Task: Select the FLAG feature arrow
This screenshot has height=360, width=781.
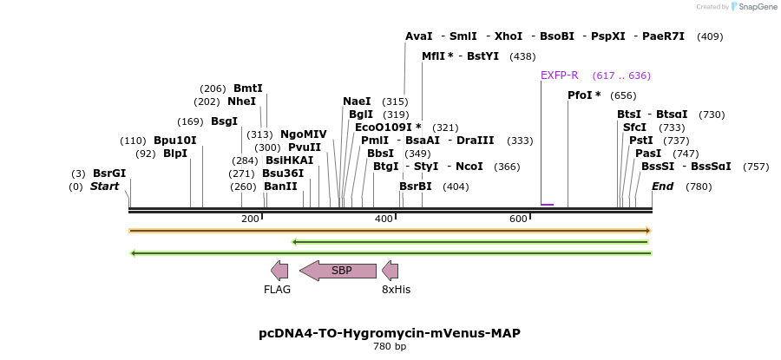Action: point(279,271)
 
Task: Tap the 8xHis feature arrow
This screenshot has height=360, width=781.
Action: point(390,271)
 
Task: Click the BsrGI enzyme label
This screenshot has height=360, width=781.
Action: point(109,173)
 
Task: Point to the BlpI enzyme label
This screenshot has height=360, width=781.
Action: point(175,154)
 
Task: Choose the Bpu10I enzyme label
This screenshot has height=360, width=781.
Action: point(175,141)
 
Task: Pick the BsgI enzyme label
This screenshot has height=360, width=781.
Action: point(224,121)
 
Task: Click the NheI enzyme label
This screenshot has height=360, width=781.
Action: point(242,101)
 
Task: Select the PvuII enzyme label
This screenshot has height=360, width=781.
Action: point(305,147)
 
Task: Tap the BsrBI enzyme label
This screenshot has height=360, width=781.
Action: point(416,187)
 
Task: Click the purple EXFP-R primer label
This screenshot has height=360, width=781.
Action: point(559,75)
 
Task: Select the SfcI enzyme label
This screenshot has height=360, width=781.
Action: point(634,128)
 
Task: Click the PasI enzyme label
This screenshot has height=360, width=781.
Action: point(648,154)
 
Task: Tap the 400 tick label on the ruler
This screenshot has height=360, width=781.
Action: point(384,219)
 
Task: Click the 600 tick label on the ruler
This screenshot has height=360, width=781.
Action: point(519,219)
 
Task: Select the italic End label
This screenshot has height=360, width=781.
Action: point(662,187)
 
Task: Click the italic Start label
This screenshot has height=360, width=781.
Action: point(104,187)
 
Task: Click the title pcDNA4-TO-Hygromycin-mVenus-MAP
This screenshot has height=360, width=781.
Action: point(390,333)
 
